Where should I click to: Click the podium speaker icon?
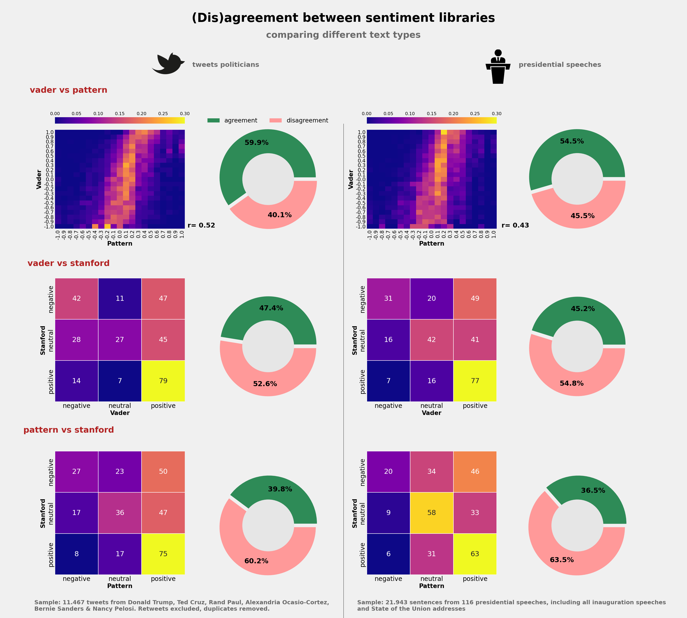coord(498,67)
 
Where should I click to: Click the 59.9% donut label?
coord(256,143)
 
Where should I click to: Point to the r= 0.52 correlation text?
coord(201,225)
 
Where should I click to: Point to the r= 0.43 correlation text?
coord(515,225)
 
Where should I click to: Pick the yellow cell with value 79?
coord(163,381)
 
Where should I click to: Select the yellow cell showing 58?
coord(431,512)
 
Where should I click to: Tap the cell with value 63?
coord(475,554)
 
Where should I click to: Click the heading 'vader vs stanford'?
coord(69,263)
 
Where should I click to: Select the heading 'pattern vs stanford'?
coord(69,430)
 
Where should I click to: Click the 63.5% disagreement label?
coord(562,560)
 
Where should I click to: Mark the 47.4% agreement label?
coord(271,308)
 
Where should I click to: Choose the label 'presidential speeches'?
coord(560,65)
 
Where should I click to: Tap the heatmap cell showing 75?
coord(163,554)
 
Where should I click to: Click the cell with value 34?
coord(431,471)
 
